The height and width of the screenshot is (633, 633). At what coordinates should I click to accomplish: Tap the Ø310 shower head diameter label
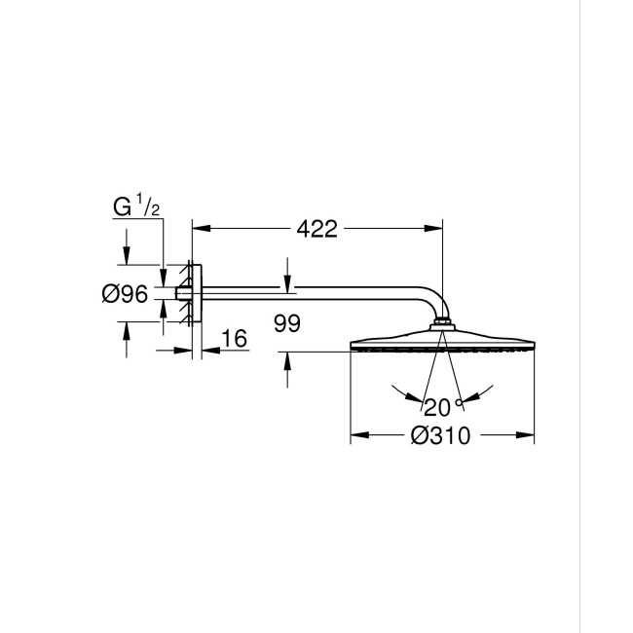click(441, 435)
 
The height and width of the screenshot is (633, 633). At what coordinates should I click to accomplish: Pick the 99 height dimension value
click(287, 323)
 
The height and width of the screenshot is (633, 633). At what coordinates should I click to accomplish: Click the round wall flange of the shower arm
click(196, 293)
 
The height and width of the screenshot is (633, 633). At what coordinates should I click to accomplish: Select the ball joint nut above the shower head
click(443, 324)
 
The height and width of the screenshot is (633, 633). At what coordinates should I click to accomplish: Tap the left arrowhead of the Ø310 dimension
click(355, 435)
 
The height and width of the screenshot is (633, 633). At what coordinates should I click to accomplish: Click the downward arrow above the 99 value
click(287, 281)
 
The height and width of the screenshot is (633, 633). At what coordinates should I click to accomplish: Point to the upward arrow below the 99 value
click(287, 359)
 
